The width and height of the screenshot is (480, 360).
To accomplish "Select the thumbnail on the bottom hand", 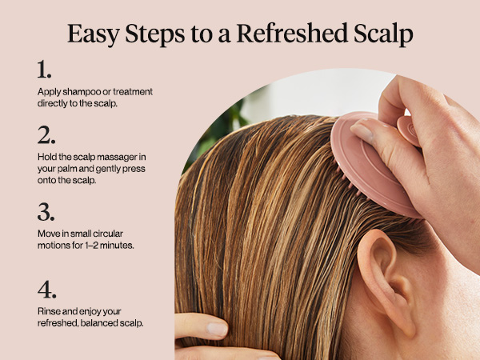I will click(x=217, y=327).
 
